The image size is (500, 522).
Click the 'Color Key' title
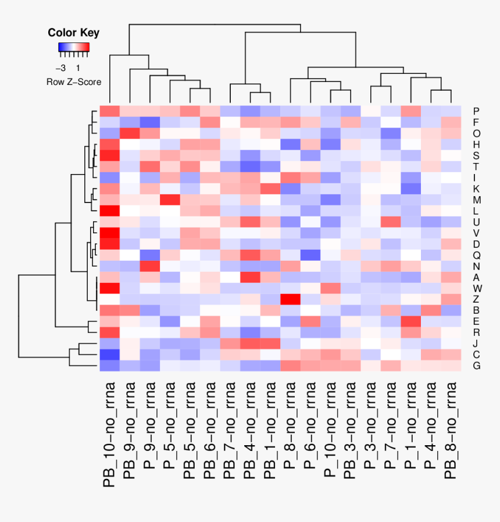point(73,33)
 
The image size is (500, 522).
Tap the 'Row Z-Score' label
point(73,82)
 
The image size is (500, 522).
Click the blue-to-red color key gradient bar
point(73,47)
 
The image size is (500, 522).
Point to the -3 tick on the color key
point(60,68)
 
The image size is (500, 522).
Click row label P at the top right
point(476,111)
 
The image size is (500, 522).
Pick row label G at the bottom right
point(476,365)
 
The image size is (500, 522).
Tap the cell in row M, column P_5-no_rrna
point(169,200)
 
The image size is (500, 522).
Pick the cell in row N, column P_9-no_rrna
point(149,266)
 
